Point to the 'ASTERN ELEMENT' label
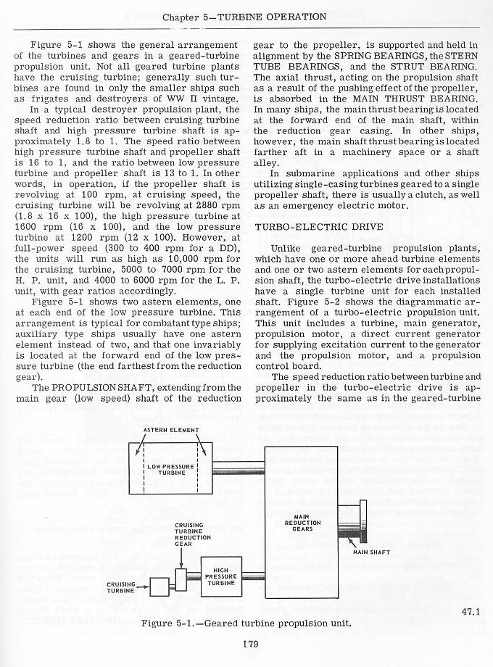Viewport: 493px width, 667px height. (170, 431)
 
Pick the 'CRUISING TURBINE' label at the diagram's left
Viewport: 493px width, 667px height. (121, 587)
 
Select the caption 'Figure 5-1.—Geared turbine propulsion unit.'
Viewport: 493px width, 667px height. (246, 623)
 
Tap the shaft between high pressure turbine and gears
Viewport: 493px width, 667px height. (251, 576)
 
